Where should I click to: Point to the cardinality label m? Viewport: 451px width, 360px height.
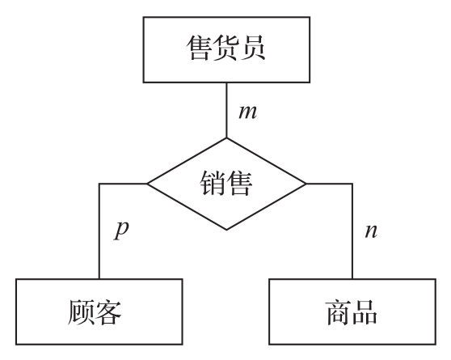coord(247,112)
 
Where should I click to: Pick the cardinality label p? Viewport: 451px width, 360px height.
coord(121,231)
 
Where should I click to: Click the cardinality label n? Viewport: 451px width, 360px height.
coord(371,231)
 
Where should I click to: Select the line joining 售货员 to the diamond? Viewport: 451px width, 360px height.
coord(226,110)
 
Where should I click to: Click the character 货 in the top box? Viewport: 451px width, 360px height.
coord(226,48)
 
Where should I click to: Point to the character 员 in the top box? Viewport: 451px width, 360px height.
coord(253,48)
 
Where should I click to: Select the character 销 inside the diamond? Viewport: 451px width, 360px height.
coord(213,183)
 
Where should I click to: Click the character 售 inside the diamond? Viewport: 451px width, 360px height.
coord(239,183)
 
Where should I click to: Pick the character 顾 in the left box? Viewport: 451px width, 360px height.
coord(81,312)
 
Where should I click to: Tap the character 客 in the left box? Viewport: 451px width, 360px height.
coord(107,312)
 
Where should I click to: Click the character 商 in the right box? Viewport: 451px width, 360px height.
coord(339,312)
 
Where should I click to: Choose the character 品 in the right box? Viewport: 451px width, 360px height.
coord(365,312)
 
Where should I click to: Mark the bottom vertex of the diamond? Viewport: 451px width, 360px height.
coord(226,230)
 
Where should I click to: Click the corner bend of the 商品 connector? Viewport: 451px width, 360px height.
coord(352,184)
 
